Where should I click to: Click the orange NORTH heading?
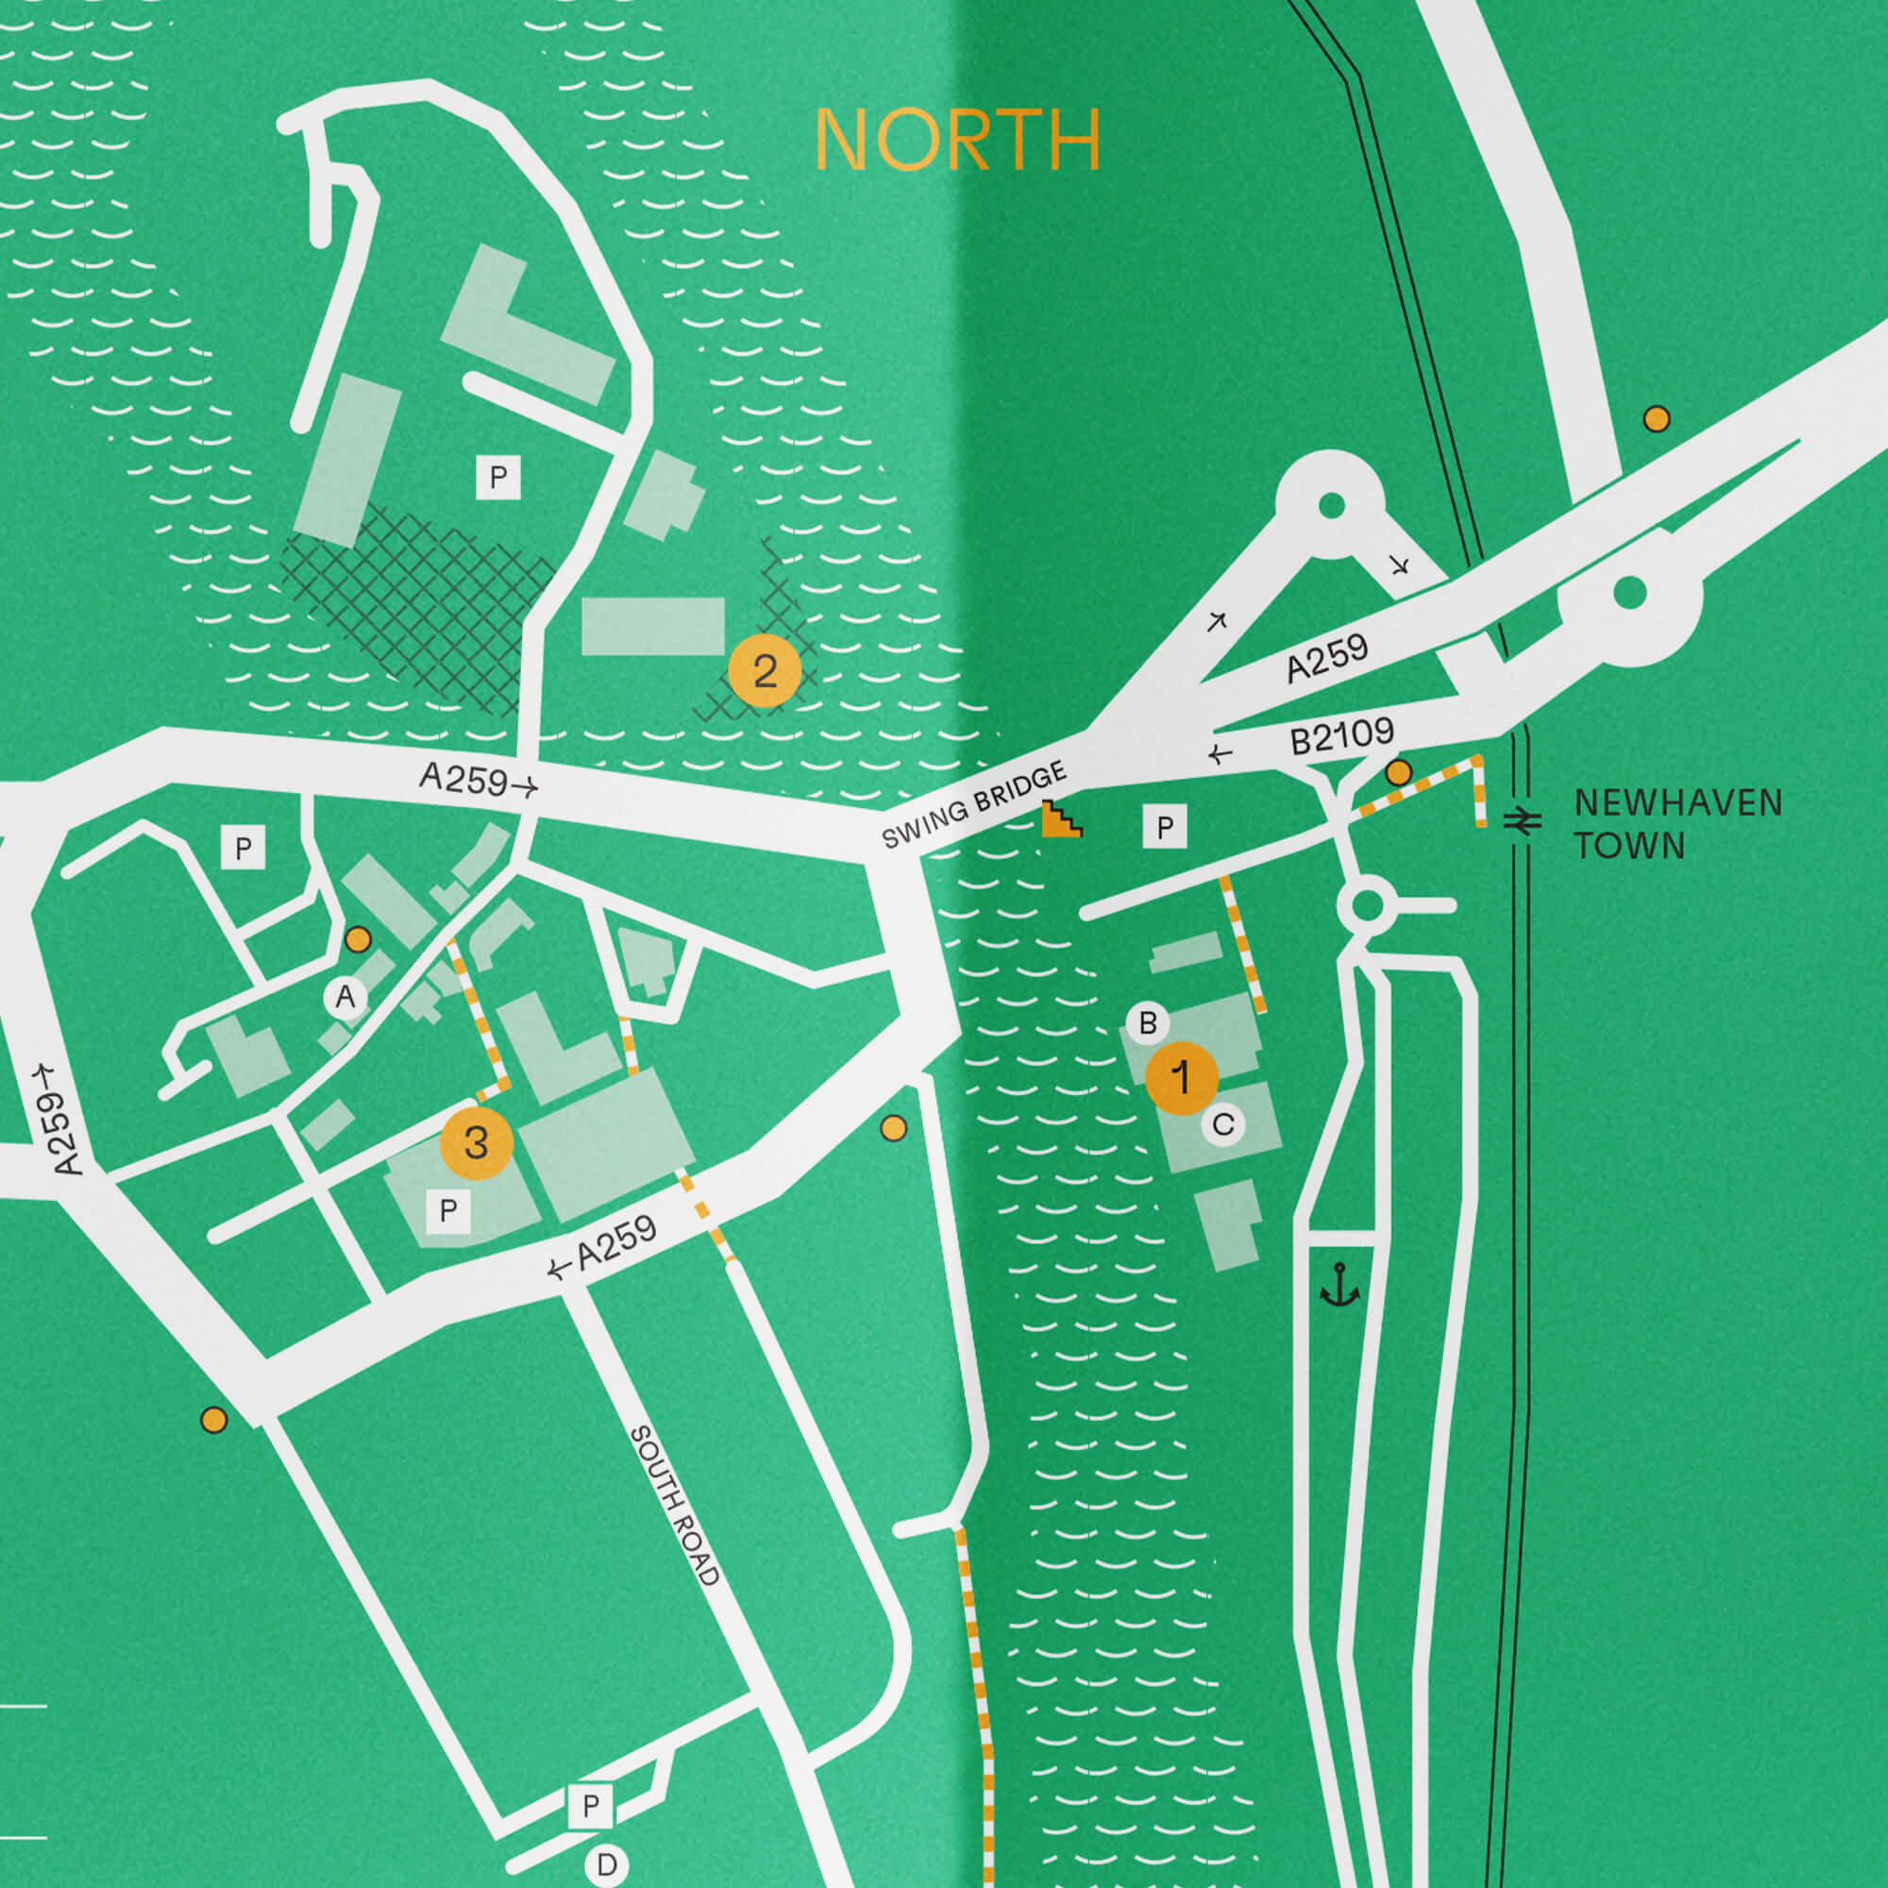(x=957, y=141)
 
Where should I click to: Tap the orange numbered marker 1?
(x=1182, y=1078)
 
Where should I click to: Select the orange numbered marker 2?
(x=765, y=670)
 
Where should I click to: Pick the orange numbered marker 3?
(x=476, y=1142)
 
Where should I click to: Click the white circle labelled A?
(x=345, y=998)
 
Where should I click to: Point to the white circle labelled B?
(x=1147, y=1023)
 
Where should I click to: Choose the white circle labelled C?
(x=1222, y=1125)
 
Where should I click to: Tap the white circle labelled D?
(x=607, y=1864)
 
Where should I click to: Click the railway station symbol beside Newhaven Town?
(x=1522, y=822)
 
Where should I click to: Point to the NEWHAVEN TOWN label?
(x=1677, y=824)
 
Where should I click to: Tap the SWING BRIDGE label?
(x=973, y=806)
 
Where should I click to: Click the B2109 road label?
(x=1341, y=736)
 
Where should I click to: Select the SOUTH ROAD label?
(x=674, y=1504)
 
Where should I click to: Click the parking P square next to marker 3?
(x=448, y=1211)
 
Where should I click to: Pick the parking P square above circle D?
(x=590, y=1806)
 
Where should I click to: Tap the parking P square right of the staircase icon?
(x=1165, y=828)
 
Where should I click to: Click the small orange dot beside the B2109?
(x=1398, y=773)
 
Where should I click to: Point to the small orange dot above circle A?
(x=359, y=940)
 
